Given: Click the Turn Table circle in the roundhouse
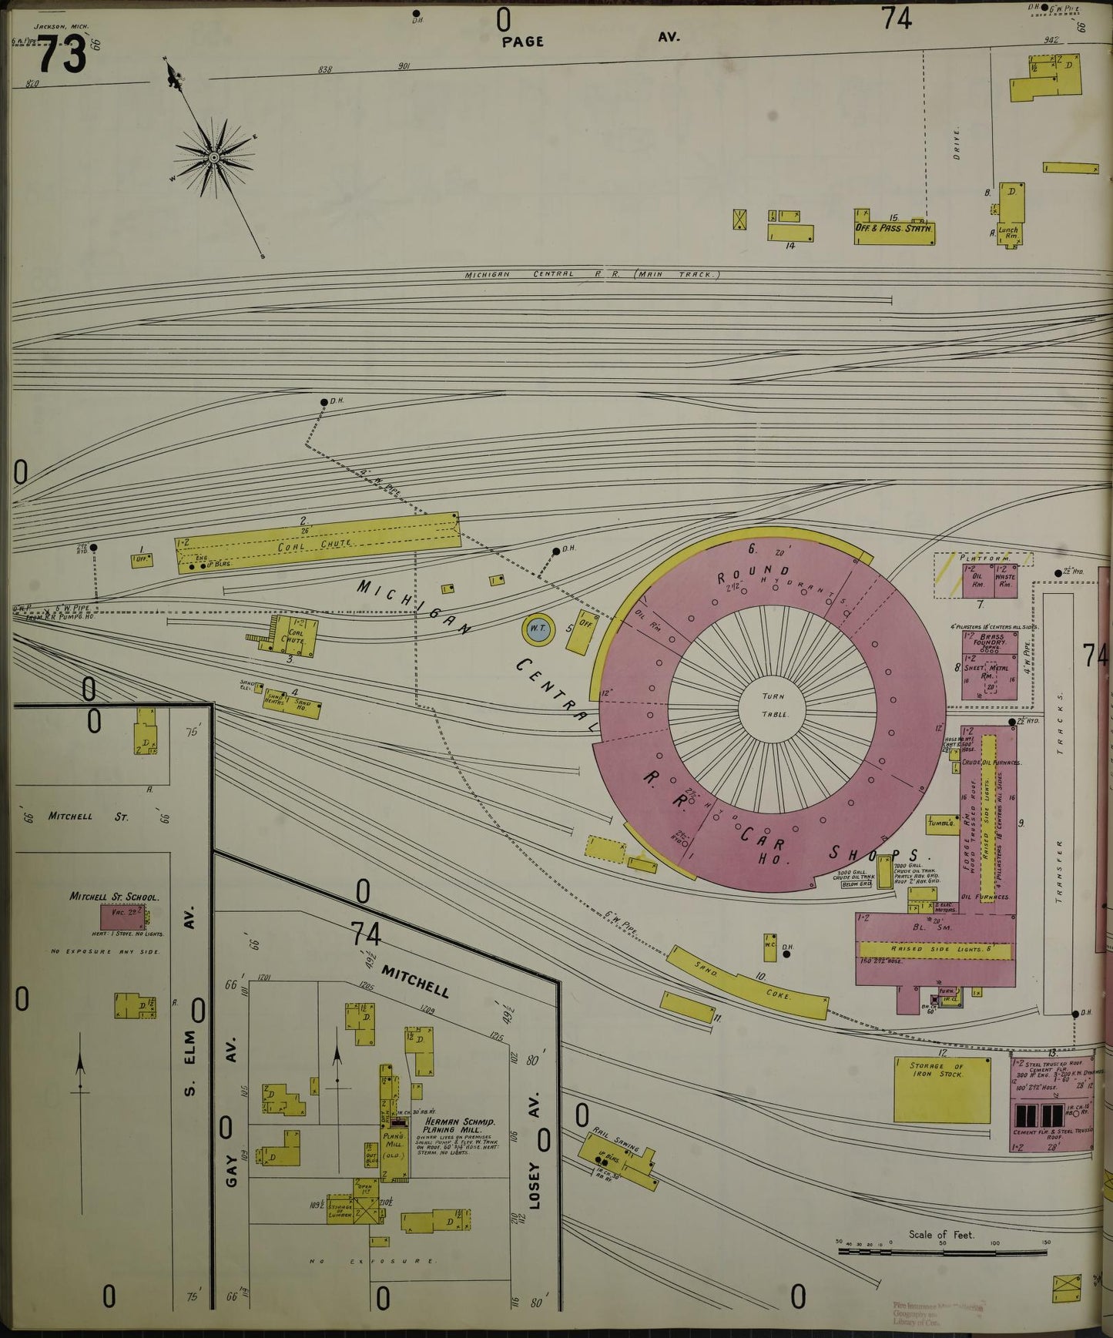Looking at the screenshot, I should coord(773,704).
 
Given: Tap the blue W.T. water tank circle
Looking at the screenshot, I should coord(538,630).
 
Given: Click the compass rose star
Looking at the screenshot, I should coord(214,157).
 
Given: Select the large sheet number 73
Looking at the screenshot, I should coord(61,55).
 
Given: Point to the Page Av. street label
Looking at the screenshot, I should coord(522,42).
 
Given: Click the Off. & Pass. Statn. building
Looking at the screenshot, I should coord(893,229).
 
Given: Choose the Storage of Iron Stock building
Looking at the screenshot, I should coord(941,1089).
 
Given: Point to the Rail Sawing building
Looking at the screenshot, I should coord(621,1157).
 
